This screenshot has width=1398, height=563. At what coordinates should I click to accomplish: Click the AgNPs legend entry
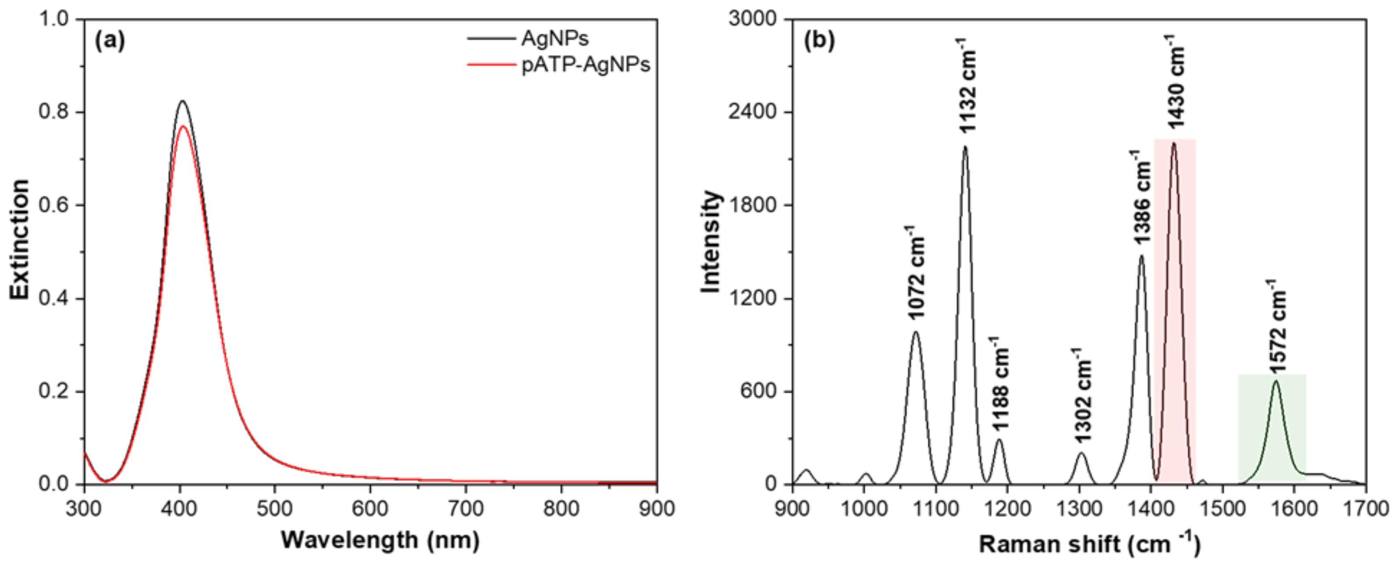(x=555, y=38)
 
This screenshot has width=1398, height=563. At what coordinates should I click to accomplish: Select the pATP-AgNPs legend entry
(x=585, y=65)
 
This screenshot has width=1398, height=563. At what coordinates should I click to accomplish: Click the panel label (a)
(x=110, y=41)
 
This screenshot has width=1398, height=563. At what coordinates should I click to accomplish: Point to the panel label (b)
(x=820, y=41)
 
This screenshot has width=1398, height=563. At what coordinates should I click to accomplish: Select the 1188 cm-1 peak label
(x=999, y=384)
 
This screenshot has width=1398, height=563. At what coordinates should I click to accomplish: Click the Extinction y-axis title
(x=20, y=239)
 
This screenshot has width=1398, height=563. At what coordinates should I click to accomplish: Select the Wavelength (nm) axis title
(x=380, y=540)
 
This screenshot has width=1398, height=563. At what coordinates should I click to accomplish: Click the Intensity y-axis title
(x=711, y=242)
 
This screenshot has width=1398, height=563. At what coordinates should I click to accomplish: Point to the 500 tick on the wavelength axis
(x=275, y=508)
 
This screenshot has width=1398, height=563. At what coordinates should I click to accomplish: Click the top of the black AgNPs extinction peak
(x=182, y=101)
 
